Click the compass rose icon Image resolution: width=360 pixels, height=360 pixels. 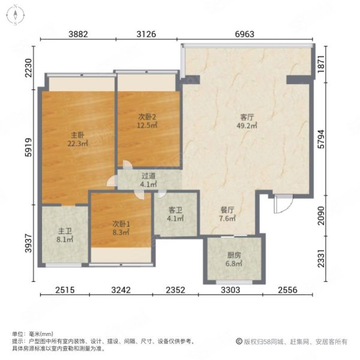[15, 16]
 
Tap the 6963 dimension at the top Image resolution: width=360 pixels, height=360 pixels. [245, 34]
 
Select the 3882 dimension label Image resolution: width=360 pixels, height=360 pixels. [78, 34]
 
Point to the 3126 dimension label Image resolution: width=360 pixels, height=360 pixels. [146, 34]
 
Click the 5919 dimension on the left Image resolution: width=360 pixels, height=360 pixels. [28, 147]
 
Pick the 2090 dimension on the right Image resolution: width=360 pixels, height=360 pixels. [322, 215]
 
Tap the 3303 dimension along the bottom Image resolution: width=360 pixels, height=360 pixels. [230, 290]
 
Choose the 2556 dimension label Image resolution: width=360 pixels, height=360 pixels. [287, 290]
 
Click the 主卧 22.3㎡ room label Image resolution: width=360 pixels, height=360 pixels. [77, 139]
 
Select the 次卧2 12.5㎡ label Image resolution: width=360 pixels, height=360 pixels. [147, 121]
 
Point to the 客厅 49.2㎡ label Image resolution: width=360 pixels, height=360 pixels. [247, 121]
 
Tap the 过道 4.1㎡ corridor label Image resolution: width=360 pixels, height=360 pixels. [149, 180]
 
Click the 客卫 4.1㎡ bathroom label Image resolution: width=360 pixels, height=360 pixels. [175, 214]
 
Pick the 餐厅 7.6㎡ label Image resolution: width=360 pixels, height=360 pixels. [227, 214]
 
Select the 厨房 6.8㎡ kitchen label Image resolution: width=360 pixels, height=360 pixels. [234, 259]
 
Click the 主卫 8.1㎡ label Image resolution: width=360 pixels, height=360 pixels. [65, 235]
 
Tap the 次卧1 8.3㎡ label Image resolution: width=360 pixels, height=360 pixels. [121, 228]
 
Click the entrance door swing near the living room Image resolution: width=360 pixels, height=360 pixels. [283, 204]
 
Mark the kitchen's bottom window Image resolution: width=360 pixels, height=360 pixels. [234, 282]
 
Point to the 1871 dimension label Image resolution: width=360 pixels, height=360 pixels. [322, 64]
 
